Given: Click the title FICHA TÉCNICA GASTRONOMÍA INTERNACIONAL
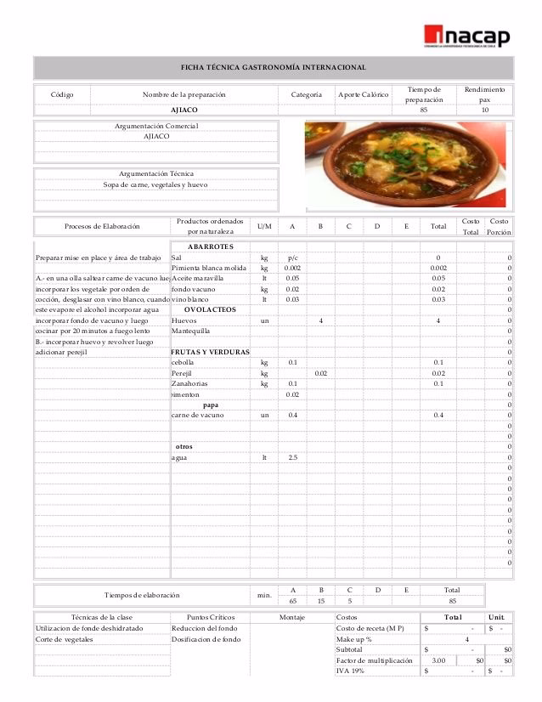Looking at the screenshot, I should pyautogui.click(x=274, y=67).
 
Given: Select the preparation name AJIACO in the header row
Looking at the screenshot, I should pyautogui.click(x=184, y=110).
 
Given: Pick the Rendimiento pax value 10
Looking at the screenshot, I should pyautogui.click(x=484, y=110).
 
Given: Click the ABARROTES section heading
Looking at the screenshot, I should pyautogui.click(x=209, y=246).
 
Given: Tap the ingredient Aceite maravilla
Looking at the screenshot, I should pyautogui.click(x=197, y=278).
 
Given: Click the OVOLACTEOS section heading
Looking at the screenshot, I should pyautogui.click(x=210, y=309).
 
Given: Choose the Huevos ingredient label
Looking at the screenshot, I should pyautogui.click(x=183, y=320).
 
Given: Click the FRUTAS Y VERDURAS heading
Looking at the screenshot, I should pyautogui.click(x=210, y=351).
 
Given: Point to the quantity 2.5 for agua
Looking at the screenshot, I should pyautogui.click(x=292, y=457).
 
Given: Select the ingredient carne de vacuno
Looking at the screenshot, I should pyautogui.click(x=197, y=415).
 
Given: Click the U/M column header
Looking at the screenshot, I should pyautogui.click(x=264, y=226).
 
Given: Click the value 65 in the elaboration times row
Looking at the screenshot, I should pyautogui.click(x=292, y=601).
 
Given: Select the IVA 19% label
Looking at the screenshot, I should pyautogui.click(x=352, y=671).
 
